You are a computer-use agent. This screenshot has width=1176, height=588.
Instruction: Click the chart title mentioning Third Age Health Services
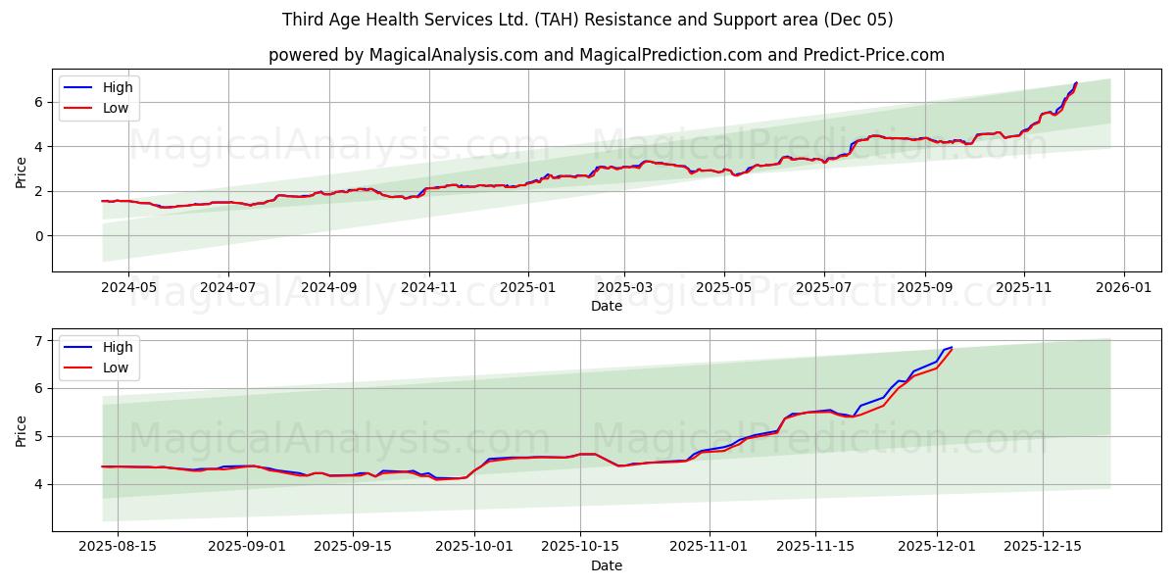tap(587, 20)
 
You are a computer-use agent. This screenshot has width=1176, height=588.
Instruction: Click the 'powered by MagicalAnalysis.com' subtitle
tap(607, 55)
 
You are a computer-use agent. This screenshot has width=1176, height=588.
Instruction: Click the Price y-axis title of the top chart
tap(22, 172)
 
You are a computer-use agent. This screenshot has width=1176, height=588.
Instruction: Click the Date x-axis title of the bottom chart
tap(607, 566)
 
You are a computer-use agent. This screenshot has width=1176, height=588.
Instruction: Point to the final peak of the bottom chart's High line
tap(951, 347)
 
